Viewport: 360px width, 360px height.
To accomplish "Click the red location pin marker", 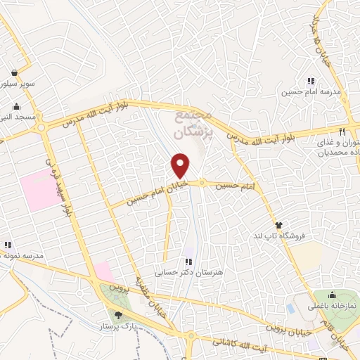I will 181,165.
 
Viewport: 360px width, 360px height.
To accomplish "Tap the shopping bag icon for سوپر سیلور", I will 15,72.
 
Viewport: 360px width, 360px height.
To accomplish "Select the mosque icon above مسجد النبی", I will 15,106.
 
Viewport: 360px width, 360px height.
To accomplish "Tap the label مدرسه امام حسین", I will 311,92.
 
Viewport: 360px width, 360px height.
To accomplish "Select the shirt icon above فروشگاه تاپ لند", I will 280,225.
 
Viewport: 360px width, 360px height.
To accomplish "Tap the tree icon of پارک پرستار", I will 117,316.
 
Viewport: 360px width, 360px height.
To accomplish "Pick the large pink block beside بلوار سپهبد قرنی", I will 40,188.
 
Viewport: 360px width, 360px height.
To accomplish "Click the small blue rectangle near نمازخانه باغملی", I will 291,308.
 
